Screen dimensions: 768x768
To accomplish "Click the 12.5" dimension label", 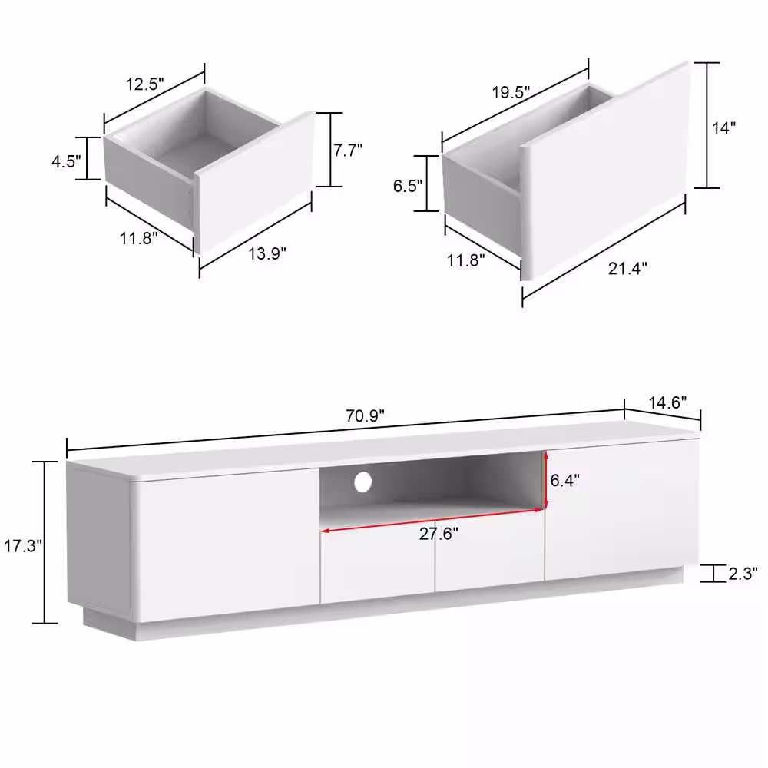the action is [145, 84].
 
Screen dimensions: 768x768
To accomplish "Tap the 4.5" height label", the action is [66, 161].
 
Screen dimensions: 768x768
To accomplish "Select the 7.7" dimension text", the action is [348, 150].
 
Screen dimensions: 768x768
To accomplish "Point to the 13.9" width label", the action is [267, 253].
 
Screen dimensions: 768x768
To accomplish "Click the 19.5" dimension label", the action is [511, 92].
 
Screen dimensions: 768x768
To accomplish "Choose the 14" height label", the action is [724, 128].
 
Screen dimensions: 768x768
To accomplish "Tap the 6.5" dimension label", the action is [408, 186].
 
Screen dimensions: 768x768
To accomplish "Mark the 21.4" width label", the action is [627, 268].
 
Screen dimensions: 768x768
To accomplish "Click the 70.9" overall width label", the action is [365, 415].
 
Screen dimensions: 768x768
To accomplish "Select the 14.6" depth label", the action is [667, 402].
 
